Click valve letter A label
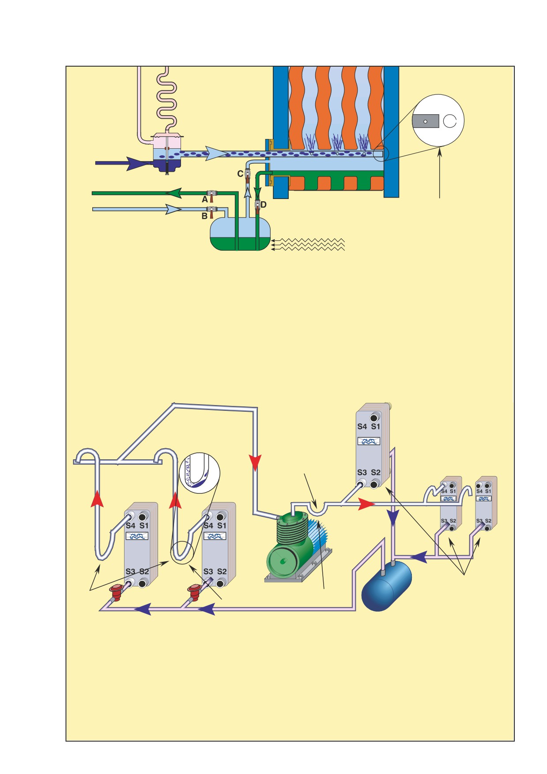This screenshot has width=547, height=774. [x=205, y=199]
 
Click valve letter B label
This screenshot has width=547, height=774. [x=204, y=216]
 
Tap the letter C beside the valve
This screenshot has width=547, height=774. [x=240, y=174]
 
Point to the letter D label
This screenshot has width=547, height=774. [x=264, y=205]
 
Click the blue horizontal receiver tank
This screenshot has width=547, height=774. [x=387, y=585]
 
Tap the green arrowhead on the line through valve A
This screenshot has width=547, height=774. [x=173, y=193]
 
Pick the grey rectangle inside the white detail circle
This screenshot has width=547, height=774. [x=426, y=121]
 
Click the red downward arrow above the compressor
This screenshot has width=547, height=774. [x=255, y=462]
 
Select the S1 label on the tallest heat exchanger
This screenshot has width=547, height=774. [x=375, y=427]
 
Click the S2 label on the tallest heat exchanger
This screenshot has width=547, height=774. [x=375, y=472]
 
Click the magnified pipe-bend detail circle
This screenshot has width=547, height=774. [x=201, y=472]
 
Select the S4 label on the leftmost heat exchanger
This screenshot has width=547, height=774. [x=130, y=526]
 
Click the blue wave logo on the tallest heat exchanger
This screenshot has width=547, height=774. [x=369, y=441]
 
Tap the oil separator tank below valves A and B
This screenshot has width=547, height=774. [x=240, y=234]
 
